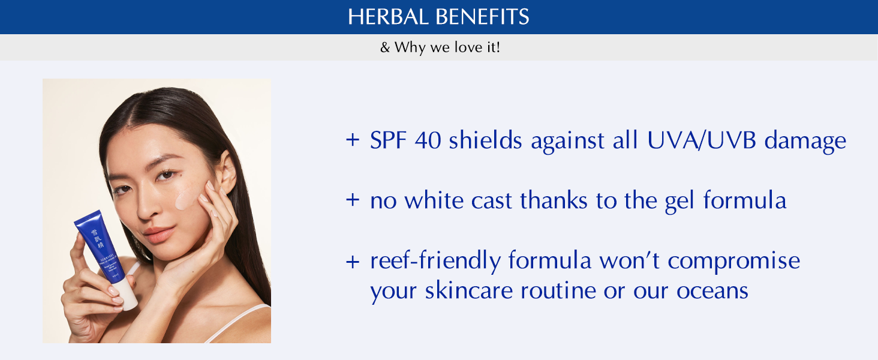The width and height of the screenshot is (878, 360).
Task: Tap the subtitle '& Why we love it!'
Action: [440, 47]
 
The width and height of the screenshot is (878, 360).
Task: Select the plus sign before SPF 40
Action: [352, 140]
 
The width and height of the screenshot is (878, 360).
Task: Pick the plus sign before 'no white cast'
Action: [352, 200]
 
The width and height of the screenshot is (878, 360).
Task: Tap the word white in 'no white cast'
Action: [435, 200]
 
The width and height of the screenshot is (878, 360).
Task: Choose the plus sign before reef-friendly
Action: [352, 261]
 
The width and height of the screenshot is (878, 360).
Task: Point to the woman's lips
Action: [158, 233]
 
